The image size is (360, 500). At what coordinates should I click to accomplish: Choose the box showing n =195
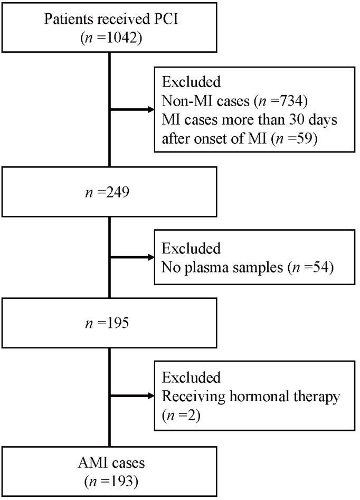[x=109, y=322]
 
